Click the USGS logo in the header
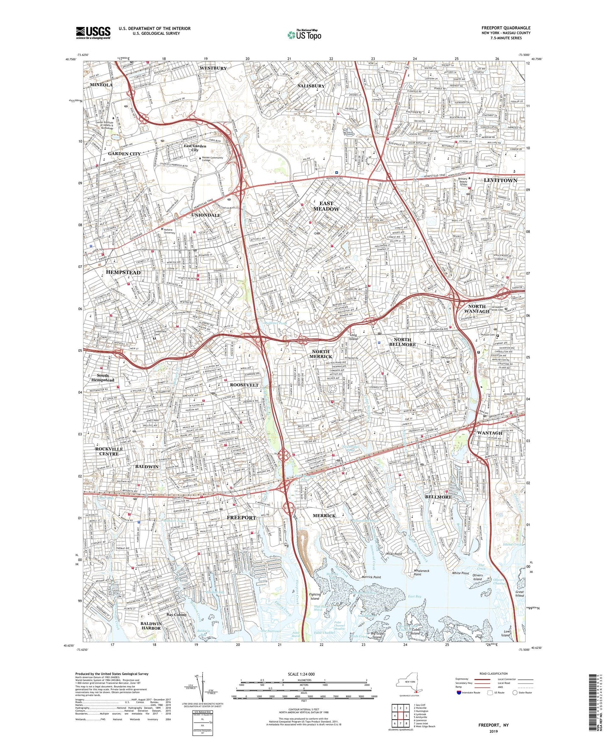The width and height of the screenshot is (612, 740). [x=93, y=32]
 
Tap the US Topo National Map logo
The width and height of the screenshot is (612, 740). [x=304, y=35]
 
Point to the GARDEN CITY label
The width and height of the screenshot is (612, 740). [x=124, y=154]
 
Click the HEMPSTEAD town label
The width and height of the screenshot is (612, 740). [x=123, y=272]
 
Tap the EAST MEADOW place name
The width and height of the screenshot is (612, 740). [x=326, y=206]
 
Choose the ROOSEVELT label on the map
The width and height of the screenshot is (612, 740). [x=244, y=385]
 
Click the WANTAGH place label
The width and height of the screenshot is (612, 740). [x=490, y=433]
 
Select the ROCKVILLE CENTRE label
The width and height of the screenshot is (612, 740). [x=109, y=451]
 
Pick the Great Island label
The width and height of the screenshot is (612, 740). [x=519, y=594]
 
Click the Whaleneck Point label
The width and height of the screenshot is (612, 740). [x=421, y=573]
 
